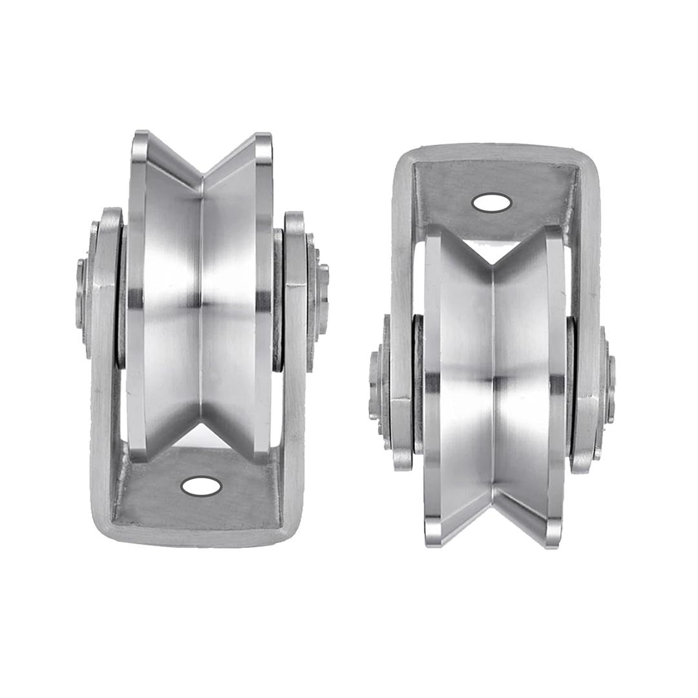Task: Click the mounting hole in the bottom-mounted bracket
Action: tap(201, 486)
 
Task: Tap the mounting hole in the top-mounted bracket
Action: tap(492, 203)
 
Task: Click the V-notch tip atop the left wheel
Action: tap(202, 175)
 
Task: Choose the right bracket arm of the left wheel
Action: tap(295, 362)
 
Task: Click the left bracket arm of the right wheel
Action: tap(401, 291)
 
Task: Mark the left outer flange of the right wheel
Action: tap(432, 388)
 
